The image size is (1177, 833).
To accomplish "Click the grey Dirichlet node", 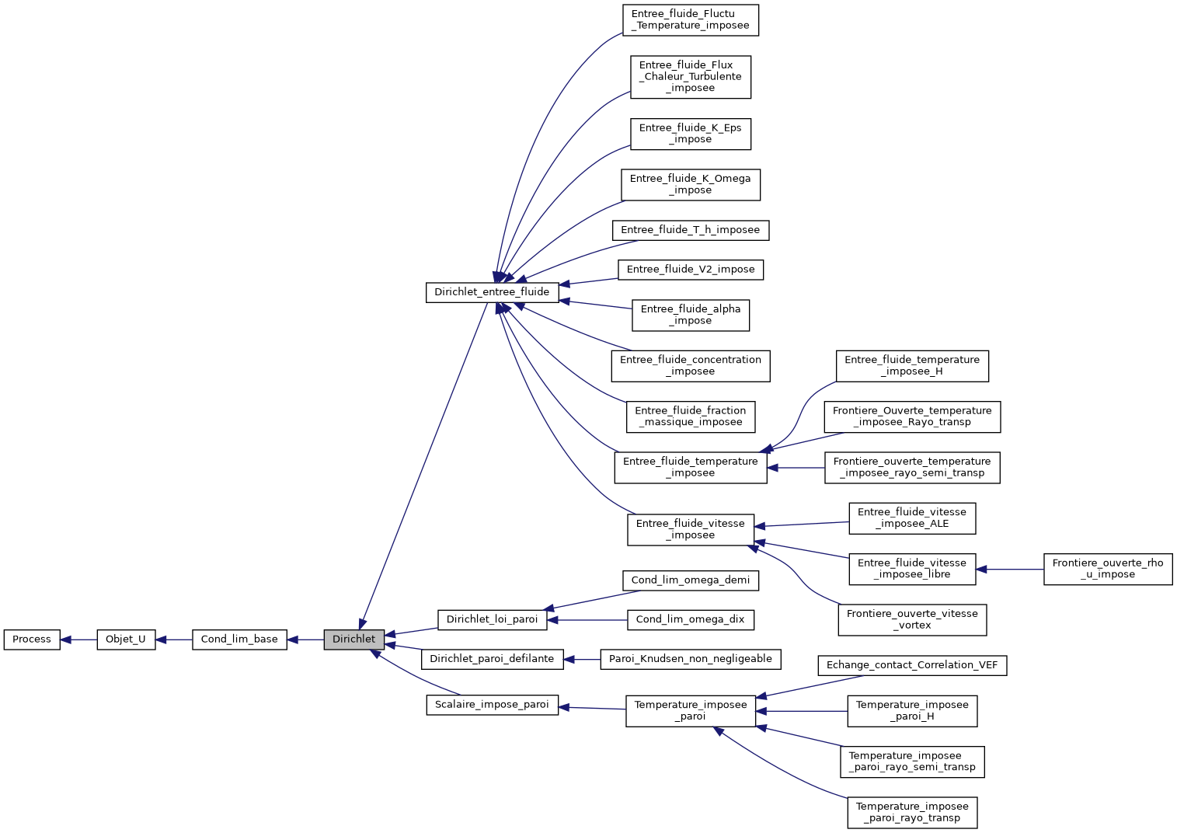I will tap(353, 640).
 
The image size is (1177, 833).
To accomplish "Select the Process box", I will tap(32, 640).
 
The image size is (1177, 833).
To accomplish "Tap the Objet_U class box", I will tap(126, 640).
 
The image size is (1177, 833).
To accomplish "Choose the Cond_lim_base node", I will tap(239, 640).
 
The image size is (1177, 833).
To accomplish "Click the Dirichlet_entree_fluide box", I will tap(492, 292).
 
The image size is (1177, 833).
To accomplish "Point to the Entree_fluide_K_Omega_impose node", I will tap(690, 184).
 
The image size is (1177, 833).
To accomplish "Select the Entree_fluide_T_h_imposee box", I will tap(690, 230).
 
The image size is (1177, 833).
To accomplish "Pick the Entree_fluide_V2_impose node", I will tap(690, 270).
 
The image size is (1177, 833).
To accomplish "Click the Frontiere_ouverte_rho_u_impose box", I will tap(1107, 569).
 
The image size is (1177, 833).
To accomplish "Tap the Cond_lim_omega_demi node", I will tap(690, 580).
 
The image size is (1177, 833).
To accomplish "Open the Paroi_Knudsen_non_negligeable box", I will tap(690, 659).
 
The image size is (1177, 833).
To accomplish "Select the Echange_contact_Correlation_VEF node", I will tap(912, 665).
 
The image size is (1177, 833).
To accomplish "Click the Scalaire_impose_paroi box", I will tap(492, 705).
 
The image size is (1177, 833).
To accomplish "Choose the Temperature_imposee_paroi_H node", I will tap(912, 711).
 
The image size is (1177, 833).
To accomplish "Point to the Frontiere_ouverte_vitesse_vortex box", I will tap(912, 619).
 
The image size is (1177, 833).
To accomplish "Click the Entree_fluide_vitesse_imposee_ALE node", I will tap(912, 518).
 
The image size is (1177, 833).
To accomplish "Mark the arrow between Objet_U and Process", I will tap(78, 640).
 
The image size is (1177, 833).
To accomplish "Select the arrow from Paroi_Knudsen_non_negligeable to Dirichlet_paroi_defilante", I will tap(582, 659).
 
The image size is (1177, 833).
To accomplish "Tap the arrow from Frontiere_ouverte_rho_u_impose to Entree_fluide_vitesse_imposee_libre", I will tap(1010, 570).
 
